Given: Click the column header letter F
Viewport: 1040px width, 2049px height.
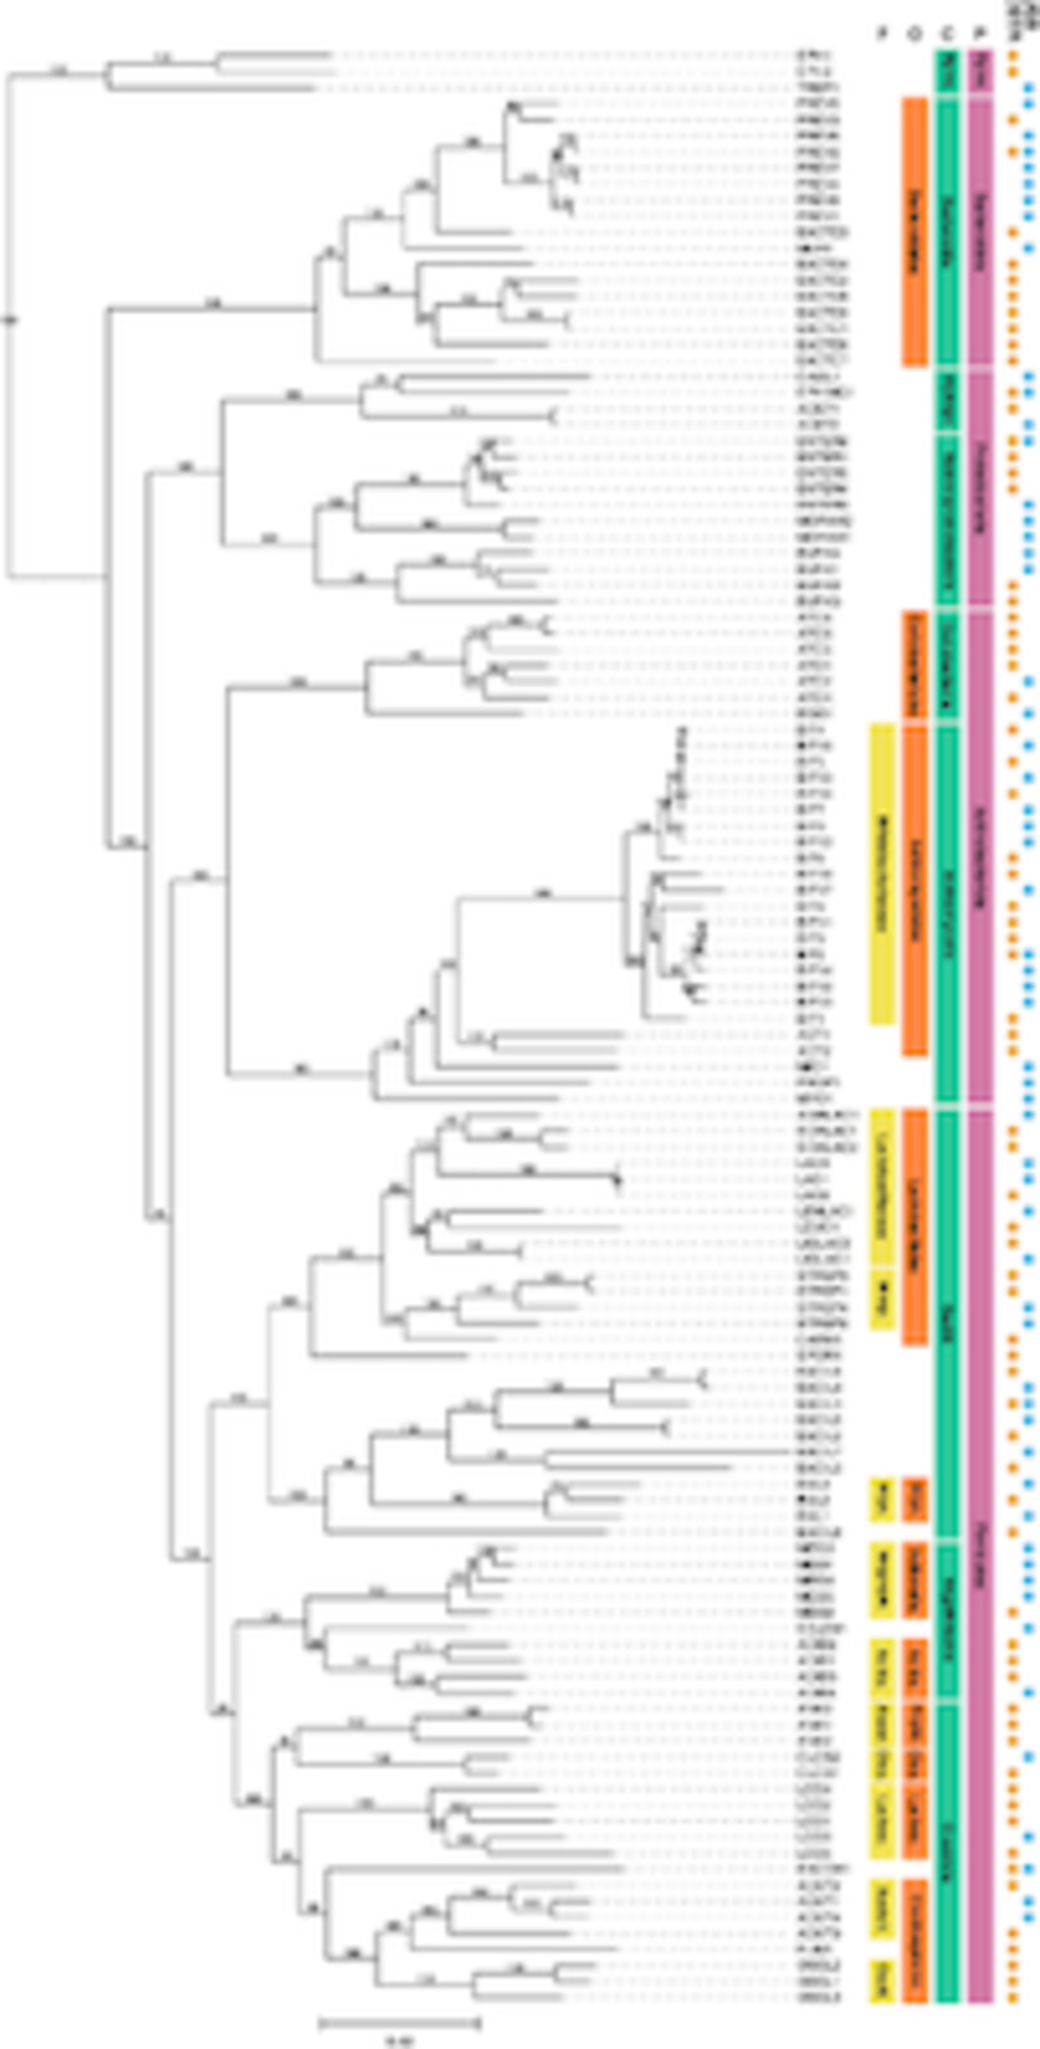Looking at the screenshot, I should tap(882, 34).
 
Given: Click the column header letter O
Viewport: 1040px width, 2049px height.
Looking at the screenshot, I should tap(914, 34).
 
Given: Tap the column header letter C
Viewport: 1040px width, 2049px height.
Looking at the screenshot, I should tap(947, 34).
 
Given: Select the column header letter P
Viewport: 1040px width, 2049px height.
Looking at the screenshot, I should tap(980, 34).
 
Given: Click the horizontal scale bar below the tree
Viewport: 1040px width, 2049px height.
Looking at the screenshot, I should tap(399, 2023).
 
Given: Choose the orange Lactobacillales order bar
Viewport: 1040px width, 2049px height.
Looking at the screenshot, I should tap(914, 1226).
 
